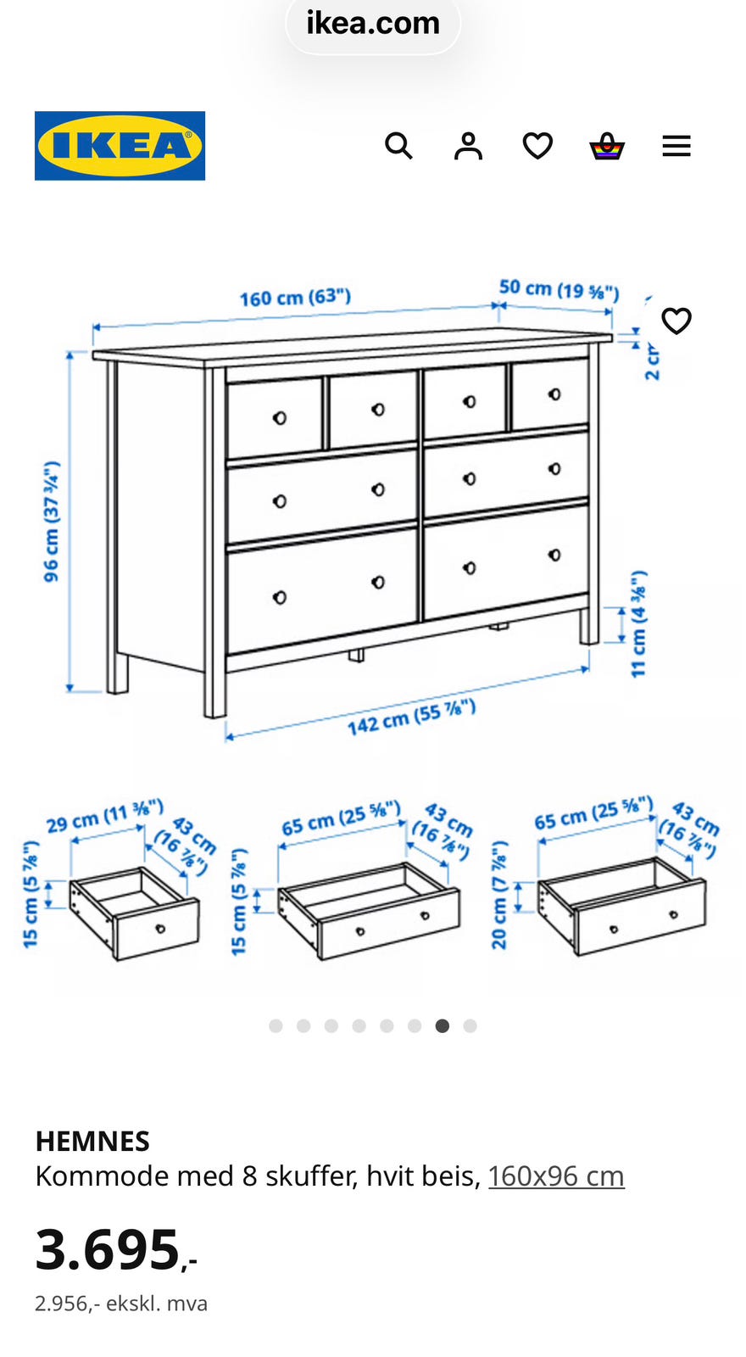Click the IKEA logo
(x=120, y=145)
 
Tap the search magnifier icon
(x=398, y=146)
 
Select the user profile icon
(x=468, y=146)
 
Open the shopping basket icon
(x=607, y=146)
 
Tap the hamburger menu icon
(x=676, y=146)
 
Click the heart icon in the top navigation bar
(x=537, y=146)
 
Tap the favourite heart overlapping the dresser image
(x=676, y=321)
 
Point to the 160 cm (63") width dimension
(x=296, y=298)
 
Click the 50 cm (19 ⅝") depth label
(x=559, y=289)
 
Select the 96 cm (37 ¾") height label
(x=52, y=522)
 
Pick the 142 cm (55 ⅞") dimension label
(x=412, y=717)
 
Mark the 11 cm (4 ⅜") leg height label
(x=639, y=624)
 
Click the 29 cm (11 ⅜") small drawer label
(x=105, y=816)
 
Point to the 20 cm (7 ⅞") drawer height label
(x=499, y=895)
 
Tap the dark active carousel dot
(x=443, y=1025)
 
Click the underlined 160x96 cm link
(x=556, y=1176)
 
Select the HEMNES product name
(x=92, y=1142)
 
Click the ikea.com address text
(x=373, y=23)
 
